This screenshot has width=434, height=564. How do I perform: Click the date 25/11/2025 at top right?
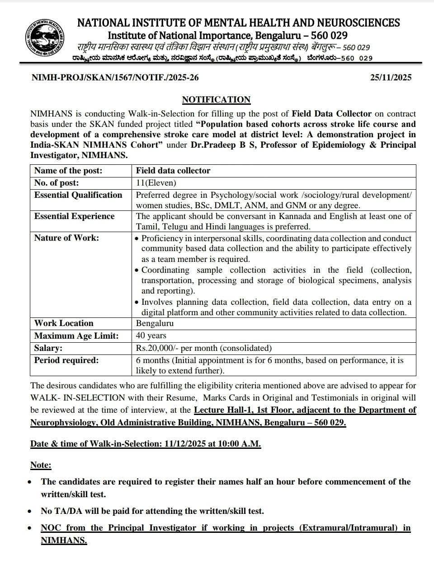391,77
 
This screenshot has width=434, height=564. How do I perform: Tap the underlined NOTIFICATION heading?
216,100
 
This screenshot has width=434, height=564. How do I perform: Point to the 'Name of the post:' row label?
68,171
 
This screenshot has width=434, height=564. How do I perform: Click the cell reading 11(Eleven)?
156,183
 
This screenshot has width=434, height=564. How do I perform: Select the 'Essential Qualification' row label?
78,195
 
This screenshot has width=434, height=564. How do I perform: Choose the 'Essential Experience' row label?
74,216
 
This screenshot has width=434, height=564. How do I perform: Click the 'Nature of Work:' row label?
66,238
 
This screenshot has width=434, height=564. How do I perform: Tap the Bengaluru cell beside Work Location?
155,323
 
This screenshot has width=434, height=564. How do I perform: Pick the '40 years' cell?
151,336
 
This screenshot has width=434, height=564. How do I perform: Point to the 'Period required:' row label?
66,360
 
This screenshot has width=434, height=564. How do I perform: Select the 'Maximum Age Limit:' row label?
76,336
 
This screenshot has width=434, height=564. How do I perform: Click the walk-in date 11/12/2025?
184,444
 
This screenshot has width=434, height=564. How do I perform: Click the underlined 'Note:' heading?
41,465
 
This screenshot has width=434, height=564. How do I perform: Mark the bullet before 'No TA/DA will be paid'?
30,512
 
